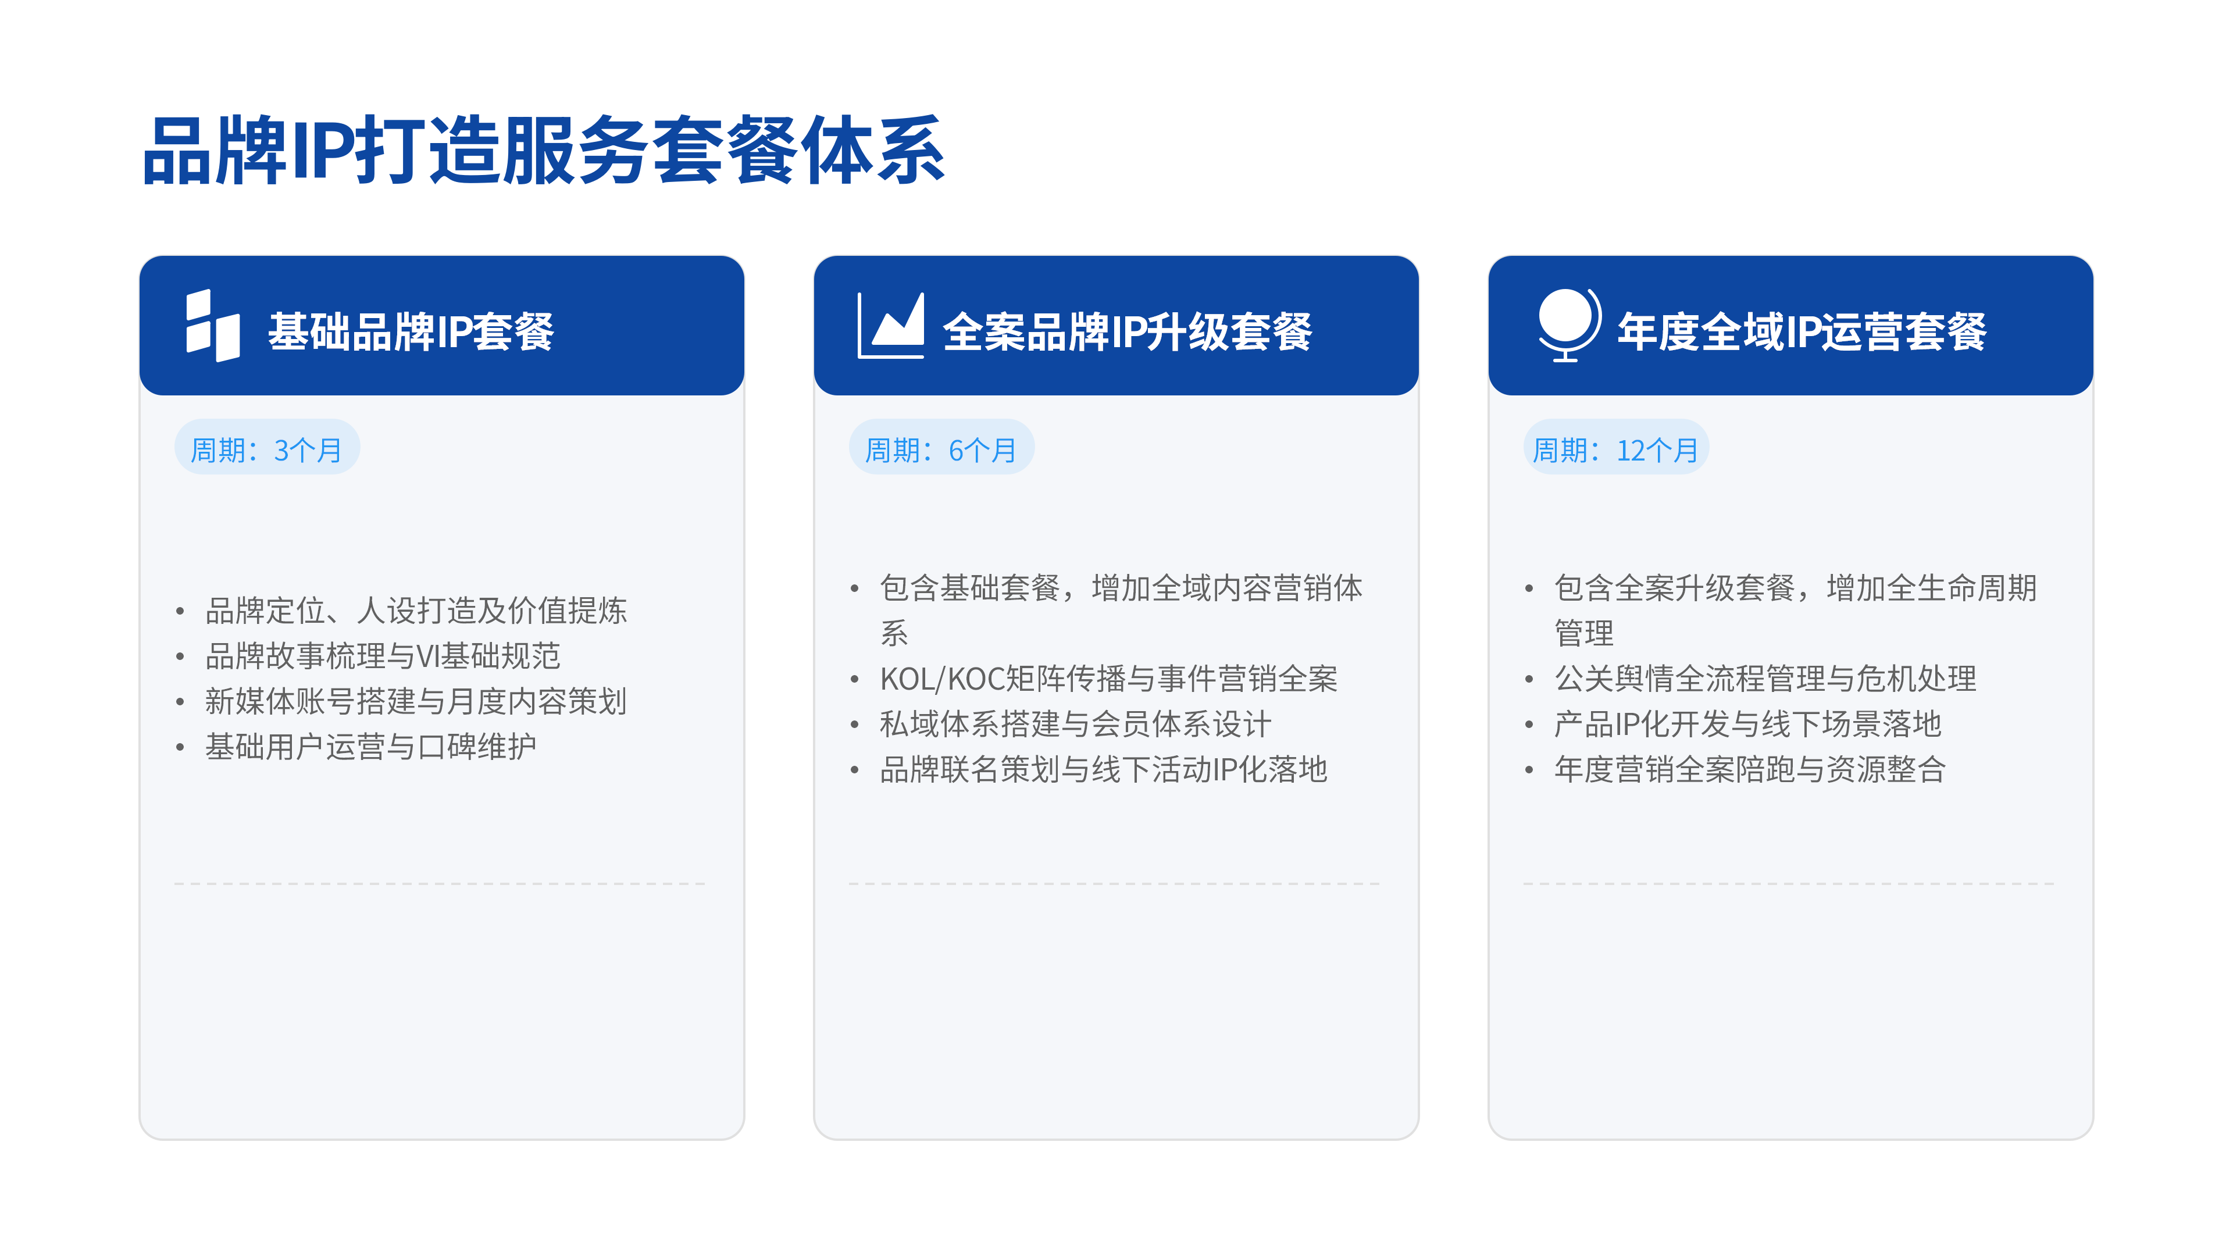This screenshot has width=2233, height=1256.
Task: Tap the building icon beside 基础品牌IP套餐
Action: [x=212, y=325]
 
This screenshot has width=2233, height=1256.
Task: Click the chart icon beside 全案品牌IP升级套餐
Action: [x=890, y=325]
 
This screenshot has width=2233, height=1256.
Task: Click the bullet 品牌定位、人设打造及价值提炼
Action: [x=416, y=610]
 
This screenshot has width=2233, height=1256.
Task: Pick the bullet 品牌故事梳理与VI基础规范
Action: [x=383, y=656]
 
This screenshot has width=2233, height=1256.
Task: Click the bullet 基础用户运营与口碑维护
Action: [x=371, y=746]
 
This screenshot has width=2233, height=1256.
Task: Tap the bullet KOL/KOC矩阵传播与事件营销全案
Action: [x=1109, y=679]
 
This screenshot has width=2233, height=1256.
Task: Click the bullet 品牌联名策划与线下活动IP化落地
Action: [x=1104, y=769]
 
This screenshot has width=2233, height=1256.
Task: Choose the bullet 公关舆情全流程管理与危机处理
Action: [x=1766, y=679]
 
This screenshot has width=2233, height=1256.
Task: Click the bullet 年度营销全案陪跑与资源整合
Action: [x=1750, y=769]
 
